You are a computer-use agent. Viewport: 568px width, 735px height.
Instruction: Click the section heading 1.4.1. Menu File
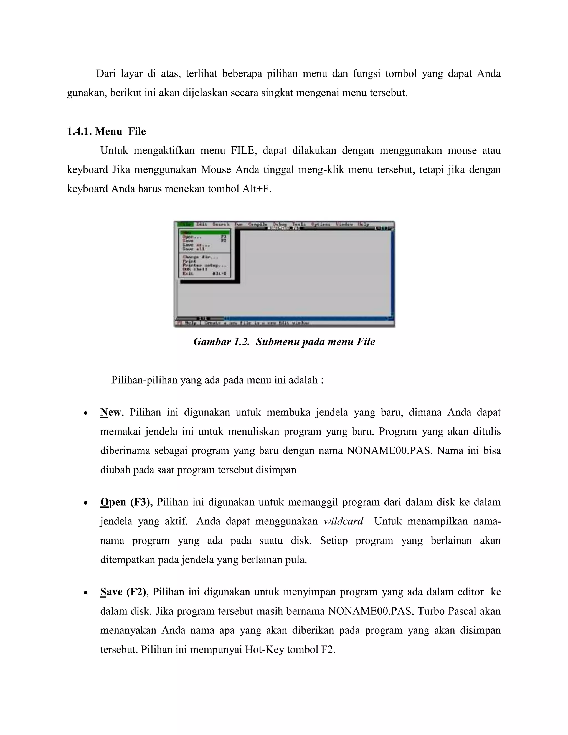pyautogui.click(x=106, y=131)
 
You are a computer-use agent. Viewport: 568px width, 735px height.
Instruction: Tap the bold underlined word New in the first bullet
pyautogui.click(x=110, y=412)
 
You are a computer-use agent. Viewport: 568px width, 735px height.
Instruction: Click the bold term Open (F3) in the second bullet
pyautogui.click(x=126, y=502)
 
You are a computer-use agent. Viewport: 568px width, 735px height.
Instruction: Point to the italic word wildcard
pyautogui.click(x=343, y=521)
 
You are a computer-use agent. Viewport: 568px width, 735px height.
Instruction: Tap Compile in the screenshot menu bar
pyautogui.click(x=257, y=224)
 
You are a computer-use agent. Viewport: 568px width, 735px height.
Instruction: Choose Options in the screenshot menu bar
pyautogui.click(x=320, y=224)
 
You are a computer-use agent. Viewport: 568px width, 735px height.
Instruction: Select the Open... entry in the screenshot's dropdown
pyautogui.click(x=192, y=237)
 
